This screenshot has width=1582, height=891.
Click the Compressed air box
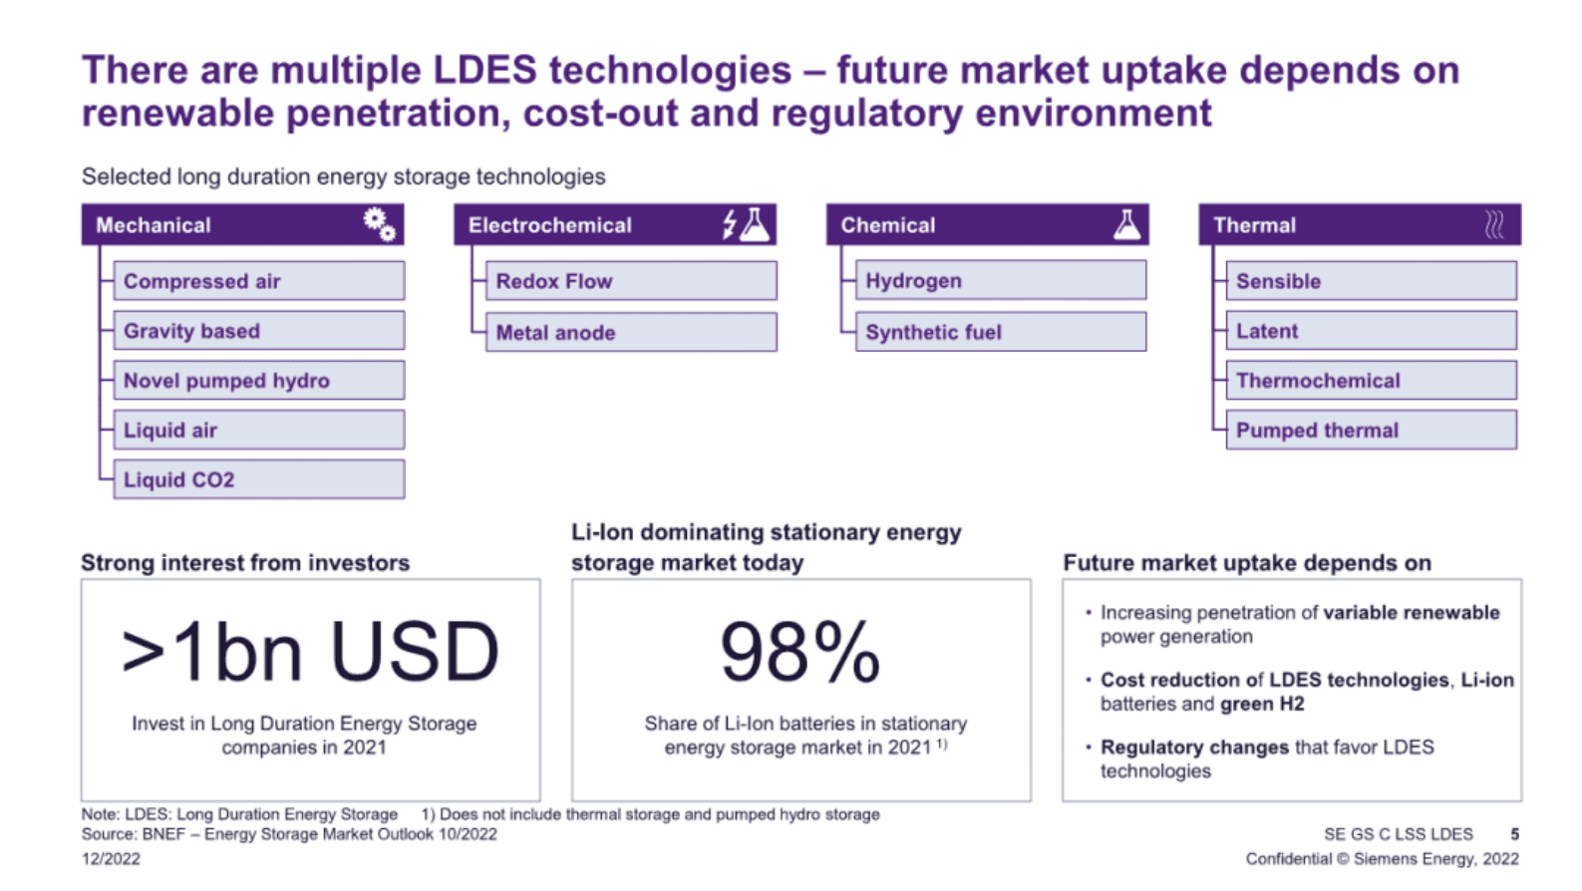coord(258,281)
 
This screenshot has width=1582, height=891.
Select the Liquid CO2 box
coord(258,479)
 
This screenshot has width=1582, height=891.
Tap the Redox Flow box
coord(630,281)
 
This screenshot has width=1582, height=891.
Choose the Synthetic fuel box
coord(1000,332)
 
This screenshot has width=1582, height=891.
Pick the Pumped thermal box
coord(1371,430)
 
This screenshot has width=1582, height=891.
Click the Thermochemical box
coord(1371,380)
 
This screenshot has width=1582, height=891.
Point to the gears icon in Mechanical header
coord(379,224)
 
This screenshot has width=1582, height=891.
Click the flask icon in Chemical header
coord(1126,224)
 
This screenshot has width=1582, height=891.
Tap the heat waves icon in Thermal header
coord(1493,225)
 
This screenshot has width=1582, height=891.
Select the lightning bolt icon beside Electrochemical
coord(730,224)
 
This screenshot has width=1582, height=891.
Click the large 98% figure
coord(799,653)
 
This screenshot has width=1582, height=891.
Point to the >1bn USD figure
coord(310,653)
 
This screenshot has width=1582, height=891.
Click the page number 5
coord(1514,834)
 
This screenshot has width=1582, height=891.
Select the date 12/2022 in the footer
coord(111,859)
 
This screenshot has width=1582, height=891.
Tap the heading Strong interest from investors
coord(245,563)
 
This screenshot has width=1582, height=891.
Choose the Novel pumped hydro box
coord(258,380)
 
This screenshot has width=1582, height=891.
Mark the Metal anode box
coord(630,332)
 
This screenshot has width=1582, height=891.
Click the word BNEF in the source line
coord(162,834)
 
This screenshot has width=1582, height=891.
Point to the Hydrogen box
coord(1000,281)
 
